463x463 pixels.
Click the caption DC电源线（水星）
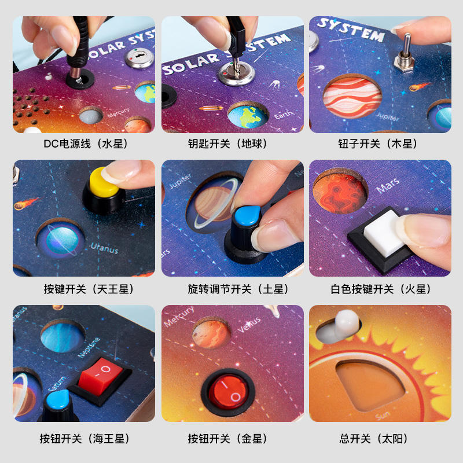(85, 144)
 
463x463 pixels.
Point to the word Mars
(387, 188)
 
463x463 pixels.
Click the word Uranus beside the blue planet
(104, 249)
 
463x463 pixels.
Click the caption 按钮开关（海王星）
(85, 439)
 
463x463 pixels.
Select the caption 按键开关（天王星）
(85, 289)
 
